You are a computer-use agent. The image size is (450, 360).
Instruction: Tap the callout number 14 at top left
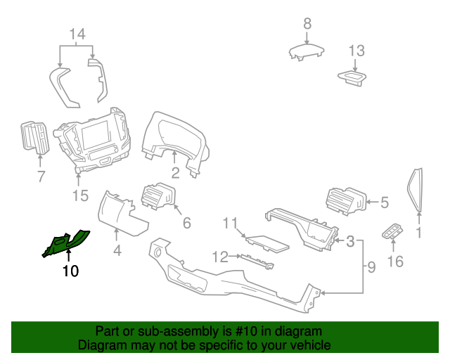tap(77, 34)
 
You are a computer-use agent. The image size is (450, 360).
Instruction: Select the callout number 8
tap(307, 24)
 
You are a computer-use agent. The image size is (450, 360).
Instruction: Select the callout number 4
tap(117, 250)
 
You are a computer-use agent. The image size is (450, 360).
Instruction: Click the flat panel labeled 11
tap(265, 243)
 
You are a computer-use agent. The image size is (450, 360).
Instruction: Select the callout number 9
tap(371, 266)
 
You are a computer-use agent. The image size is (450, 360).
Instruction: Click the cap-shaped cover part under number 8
tap(307, 52)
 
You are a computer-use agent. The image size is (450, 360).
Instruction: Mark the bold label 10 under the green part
tap(71, 271)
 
